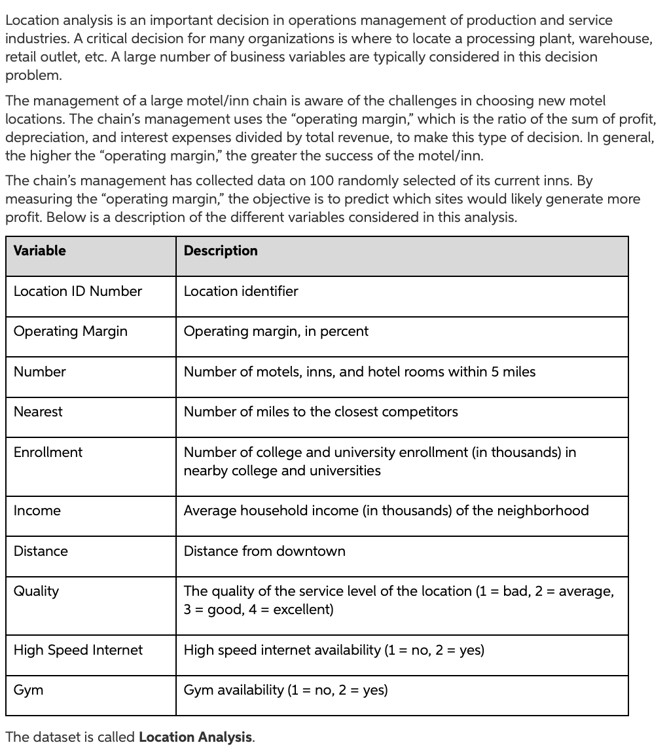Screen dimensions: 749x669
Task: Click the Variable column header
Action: (x=40, y=251)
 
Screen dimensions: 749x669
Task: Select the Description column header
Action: (x=221, y=251)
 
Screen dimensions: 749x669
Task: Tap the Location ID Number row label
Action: (x=77, y=291)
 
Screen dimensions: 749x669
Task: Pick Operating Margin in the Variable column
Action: (x=70, y=331)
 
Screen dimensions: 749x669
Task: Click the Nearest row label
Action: (x=38, y=412)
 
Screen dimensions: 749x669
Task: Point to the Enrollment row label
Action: (x=48, y=452)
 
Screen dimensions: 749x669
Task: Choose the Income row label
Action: (x=37, y=511)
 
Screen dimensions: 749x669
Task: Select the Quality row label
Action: (x=36, y=591)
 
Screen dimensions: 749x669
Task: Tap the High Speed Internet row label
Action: (x=77, y=650)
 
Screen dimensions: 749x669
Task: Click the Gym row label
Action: (x=28, y=690)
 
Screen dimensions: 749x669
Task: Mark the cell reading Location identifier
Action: (x=240, y=291)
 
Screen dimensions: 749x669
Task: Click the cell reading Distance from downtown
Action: (x=264, y=551)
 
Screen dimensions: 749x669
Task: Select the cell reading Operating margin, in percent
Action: (x=276, y=331)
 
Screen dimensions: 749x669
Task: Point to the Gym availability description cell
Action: (x=285, y=690)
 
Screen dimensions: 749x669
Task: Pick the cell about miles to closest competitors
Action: (x=320, y=412)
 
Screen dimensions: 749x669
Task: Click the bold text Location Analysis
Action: (x=195, y=737)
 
